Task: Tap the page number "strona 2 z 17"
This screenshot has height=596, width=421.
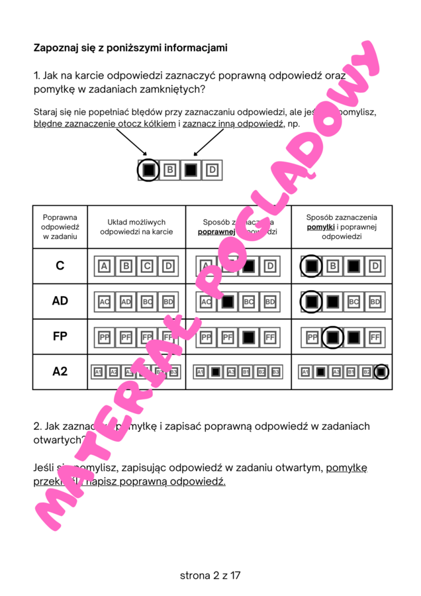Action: [210, 575]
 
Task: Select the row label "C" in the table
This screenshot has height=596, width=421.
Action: [60, 266]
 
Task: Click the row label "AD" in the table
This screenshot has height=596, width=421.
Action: [60, 301]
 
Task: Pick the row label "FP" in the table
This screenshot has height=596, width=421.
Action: [60, 336]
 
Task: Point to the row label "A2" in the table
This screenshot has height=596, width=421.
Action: [60, 372]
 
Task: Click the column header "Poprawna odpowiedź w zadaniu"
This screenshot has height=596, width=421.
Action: [60, 226]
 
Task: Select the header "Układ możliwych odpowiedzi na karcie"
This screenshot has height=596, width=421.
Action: [136, 226]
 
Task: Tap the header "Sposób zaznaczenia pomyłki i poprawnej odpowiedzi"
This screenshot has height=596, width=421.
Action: [342, 226]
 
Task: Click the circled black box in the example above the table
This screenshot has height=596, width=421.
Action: [149, 170]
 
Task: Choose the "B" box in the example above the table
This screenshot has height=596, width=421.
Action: [169, 170]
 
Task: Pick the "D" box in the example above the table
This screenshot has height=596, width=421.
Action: [212, 170]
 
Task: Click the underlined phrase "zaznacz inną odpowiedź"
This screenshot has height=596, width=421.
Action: [233, 124]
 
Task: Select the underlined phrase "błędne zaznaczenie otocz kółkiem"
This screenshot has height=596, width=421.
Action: [105, 124]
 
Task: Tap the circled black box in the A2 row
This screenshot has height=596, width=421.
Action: [381, 372]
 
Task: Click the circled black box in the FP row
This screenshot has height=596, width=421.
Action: [333, 337]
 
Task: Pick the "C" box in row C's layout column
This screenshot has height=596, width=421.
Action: [148, 267]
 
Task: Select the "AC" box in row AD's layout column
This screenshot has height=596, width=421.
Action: [104, 302]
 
